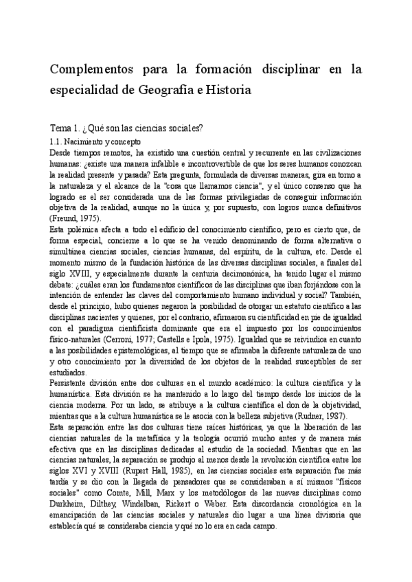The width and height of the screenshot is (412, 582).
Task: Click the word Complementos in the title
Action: [94, 70]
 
